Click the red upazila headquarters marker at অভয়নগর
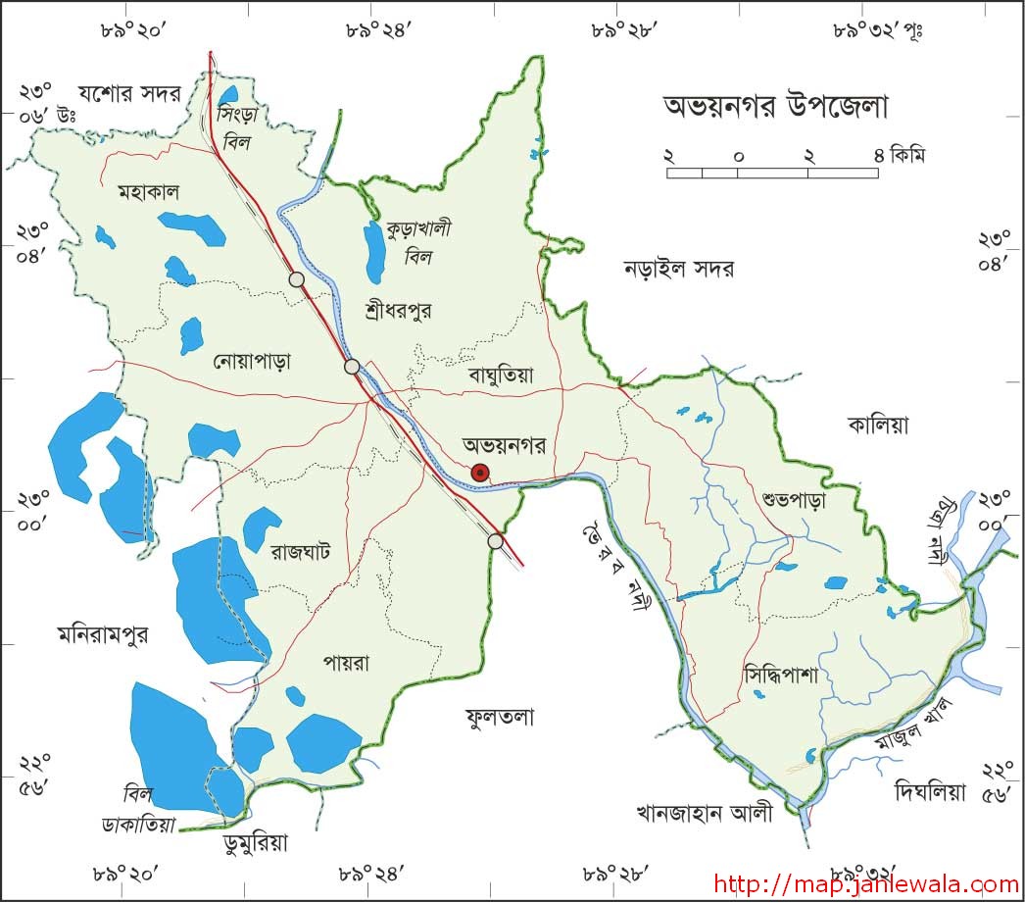480,473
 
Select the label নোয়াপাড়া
252,362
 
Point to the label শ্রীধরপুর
397,311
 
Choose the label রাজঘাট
300,550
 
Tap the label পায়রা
345,664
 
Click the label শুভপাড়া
794,500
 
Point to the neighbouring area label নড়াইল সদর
679,269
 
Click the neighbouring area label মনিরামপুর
102,635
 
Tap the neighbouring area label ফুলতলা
500,718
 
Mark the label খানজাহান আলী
704,813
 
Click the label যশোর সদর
131,94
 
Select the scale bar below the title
772,173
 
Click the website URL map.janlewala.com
866,883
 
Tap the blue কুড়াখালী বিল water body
374,251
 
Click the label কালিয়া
878,425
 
